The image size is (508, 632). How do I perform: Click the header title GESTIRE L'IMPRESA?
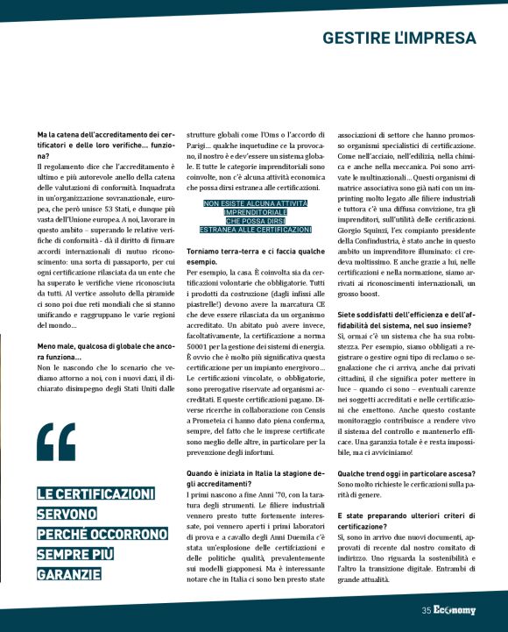coord(399,39)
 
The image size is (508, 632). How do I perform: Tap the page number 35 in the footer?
coord(426,611)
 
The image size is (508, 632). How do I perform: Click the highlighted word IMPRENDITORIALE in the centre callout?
coord(255,212)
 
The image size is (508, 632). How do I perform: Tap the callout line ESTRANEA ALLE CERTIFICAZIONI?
coord(255,230)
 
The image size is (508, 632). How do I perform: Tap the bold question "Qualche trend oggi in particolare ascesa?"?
coord(406,471)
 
